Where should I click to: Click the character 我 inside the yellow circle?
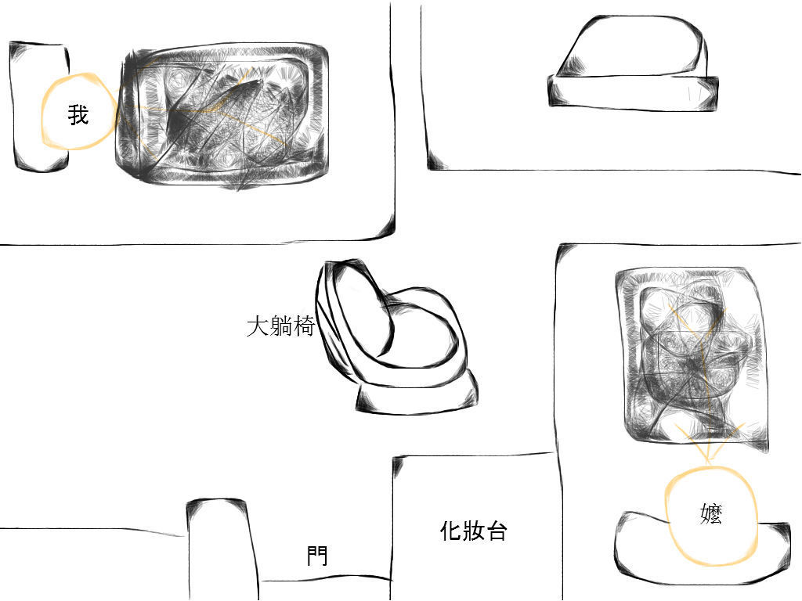78,114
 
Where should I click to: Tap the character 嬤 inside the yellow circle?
711,513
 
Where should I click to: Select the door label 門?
317,556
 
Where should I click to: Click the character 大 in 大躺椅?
257,326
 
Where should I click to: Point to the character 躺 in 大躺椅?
280,326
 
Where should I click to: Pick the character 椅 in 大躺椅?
303,326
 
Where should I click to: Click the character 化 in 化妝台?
451,531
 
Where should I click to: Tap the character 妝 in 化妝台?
474,531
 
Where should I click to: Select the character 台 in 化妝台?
496,531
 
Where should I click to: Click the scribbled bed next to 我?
222,115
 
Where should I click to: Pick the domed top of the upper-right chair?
633,46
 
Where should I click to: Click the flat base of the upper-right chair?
633,92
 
